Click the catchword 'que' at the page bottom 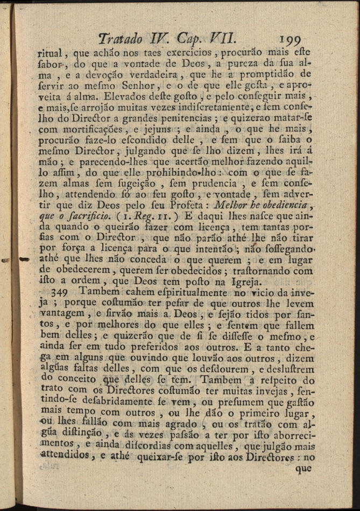click(303, 468)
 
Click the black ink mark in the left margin click(23, 259)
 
